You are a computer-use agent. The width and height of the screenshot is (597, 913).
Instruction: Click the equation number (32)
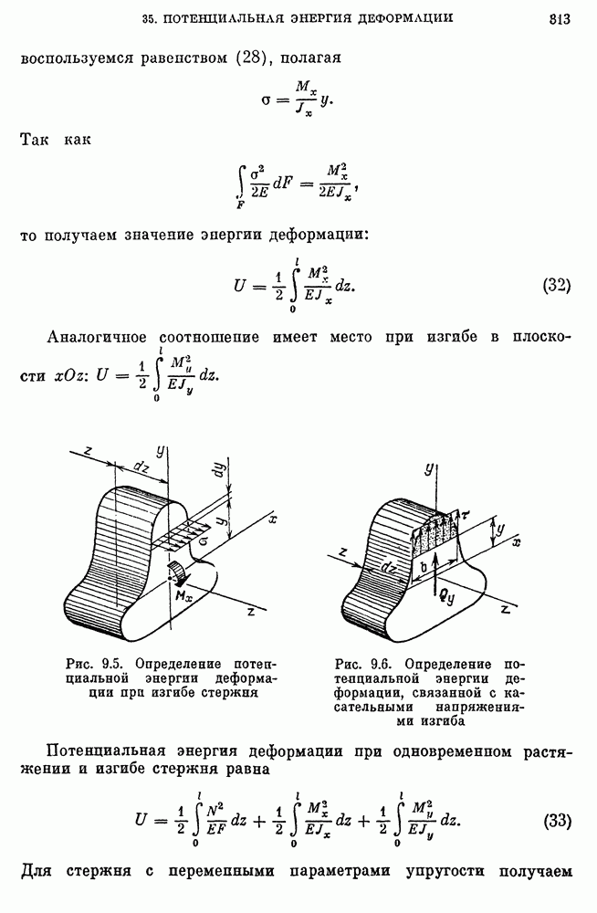pos(556,286)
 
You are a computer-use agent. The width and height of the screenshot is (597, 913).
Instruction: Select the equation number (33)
pos(556,821)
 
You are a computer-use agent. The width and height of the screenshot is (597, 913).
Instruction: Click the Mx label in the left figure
pos(186,597)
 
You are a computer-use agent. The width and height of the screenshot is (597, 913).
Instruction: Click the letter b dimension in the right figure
pos(424,565)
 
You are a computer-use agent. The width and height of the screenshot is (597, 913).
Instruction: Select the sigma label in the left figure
pos(204,542)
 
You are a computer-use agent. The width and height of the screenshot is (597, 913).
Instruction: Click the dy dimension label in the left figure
pos(220,469)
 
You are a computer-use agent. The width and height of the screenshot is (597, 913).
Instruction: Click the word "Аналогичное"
pos(96,338)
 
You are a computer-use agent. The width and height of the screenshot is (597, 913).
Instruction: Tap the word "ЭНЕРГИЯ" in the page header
pos(322,18)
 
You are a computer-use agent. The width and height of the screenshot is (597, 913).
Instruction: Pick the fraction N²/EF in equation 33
pos(216,821)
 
